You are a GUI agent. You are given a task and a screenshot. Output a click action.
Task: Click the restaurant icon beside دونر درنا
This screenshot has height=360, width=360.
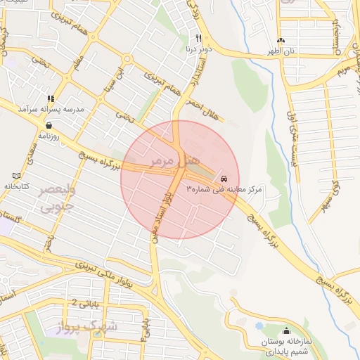point(199,39)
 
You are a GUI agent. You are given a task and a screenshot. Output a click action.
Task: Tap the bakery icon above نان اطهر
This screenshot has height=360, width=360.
point(281,41)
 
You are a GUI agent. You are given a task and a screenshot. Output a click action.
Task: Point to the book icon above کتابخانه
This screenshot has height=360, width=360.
point(17,175)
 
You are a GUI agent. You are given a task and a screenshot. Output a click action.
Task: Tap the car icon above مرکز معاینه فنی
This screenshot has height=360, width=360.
point(224,179)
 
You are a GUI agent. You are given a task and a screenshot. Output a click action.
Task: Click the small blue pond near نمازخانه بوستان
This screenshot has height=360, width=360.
point(259,327)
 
